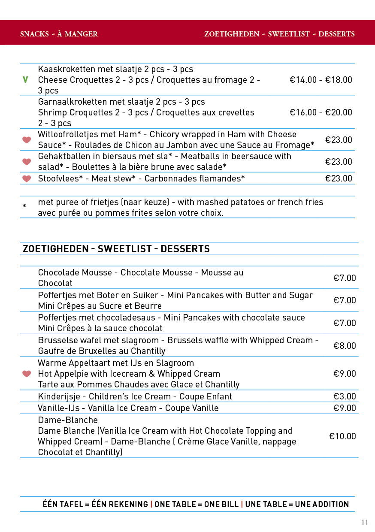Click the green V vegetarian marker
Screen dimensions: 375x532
pos(25,79)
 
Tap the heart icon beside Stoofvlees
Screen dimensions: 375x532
pos(27,178)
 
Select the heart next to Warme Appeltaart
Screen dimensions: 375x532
pos(27,374)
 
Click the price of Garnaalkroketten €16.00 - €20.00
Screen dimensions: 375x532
pos(321,112)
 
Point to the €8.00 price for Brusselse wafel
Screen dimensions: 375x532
pos(345,346)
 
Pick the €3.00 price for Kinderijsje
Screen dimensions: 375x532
pos(345,396)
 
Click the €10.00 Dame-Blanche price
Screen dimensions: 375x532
pos(342,436)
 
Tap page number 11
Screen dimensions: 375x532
pos(365,523)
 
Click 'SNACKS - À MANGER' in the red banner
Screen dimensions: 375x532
pos(59,34)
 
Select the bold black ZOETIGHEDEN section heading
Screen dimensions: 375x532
pos(116,249)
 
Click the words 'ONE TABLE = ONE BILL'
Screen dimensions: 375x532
pos(197,504)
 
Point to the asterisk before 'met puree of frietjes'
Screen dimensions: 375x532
pos(24,206)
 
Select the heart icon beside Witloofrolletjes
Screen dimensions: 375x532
pos(27,140)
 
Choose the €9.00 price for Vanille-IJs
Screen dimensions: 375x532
pos(345,408)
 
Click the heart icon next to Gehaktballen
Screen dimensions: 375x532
pos(27,161)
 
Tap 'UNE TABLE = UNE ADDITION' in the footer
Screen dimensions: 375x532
pos(297,504)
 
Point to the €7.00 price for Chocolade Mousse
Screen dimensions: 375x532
pos(345,278)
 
